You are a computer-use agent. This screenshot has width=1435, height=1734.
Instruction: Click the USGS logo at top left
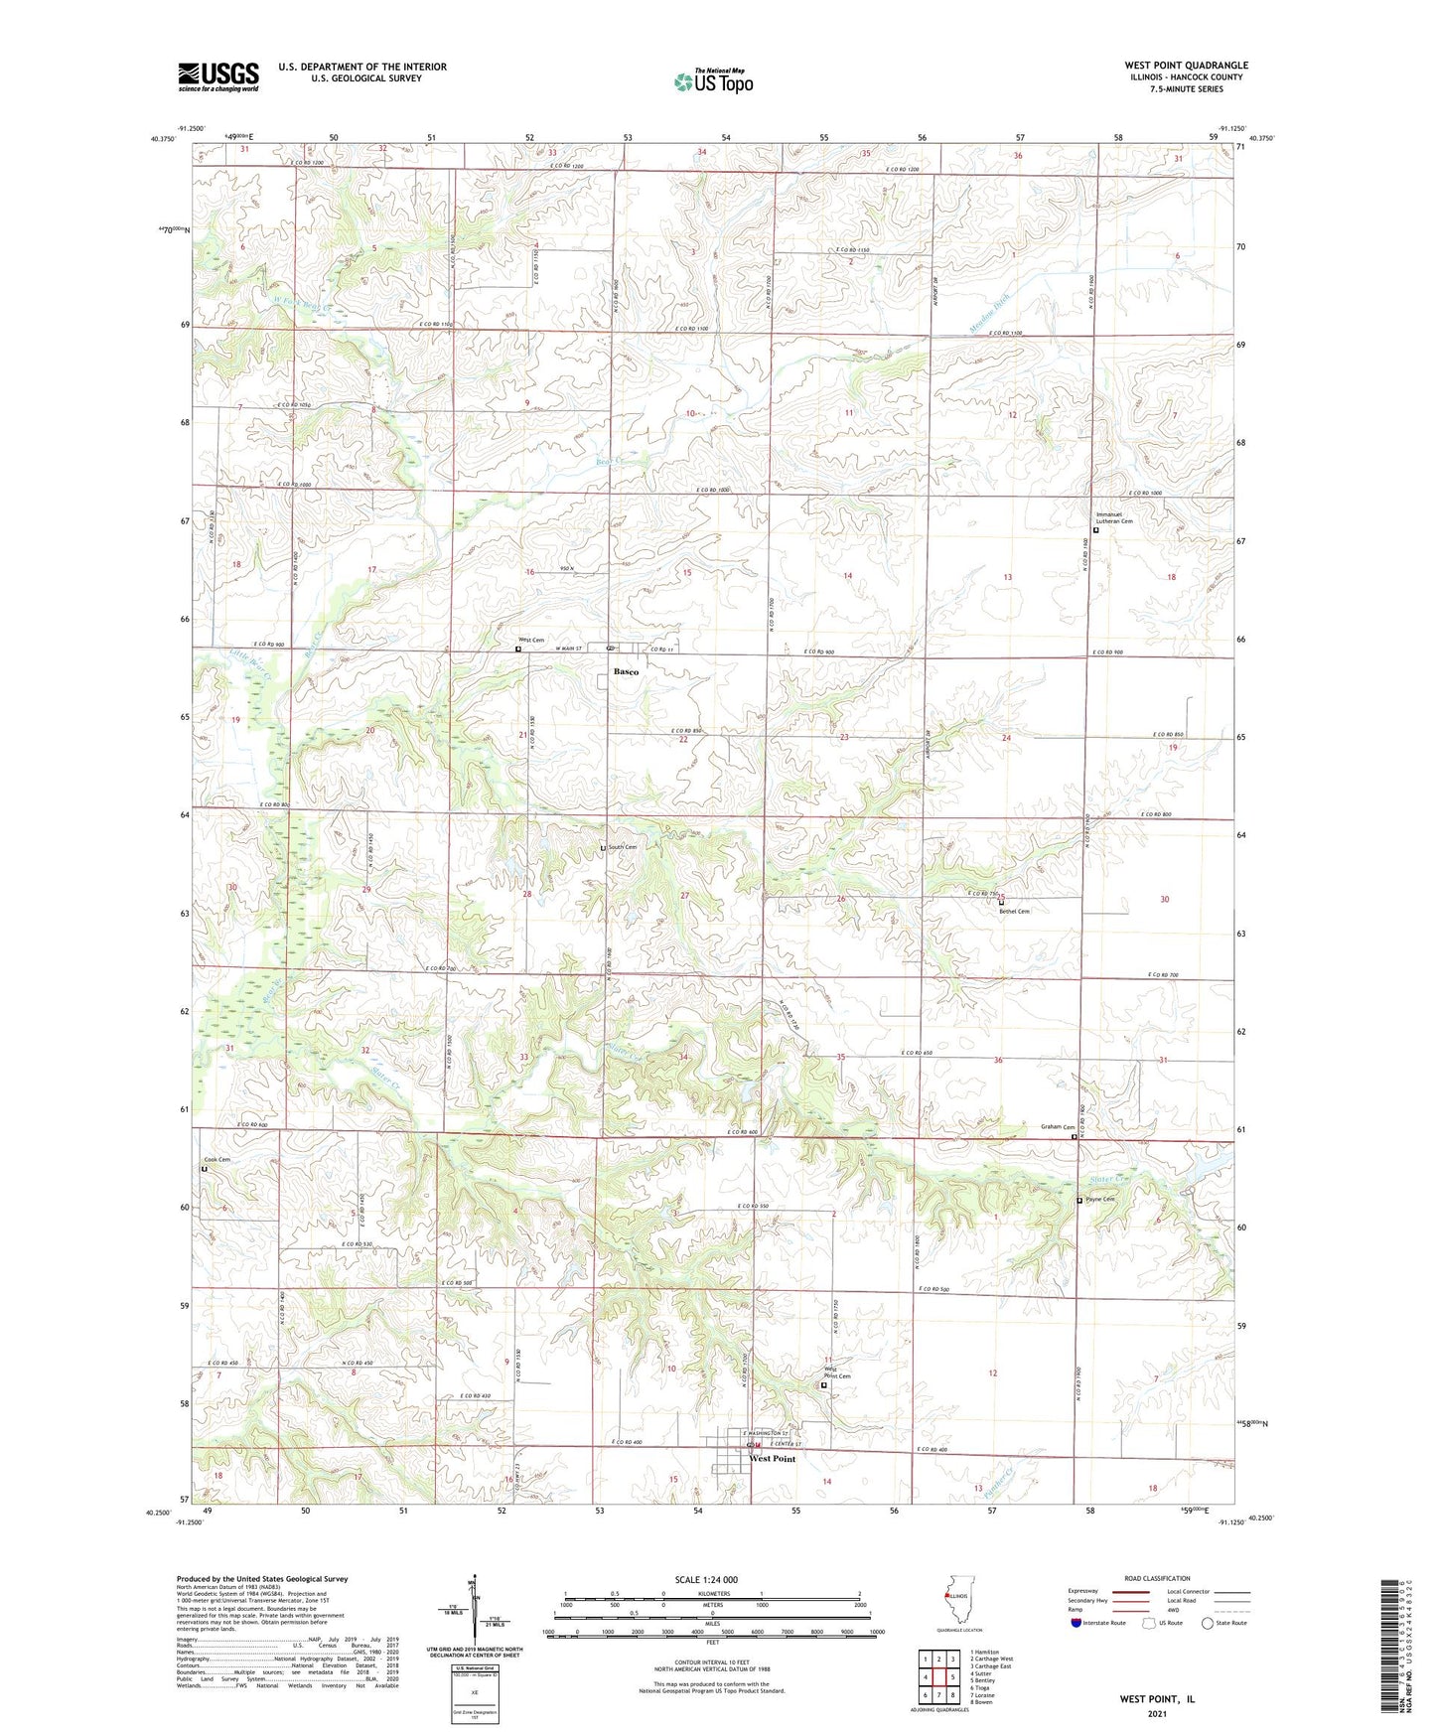[x=218, y=75]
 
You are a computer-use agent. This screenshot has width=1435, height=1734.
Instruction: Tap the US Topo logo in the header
[x=713, y=81]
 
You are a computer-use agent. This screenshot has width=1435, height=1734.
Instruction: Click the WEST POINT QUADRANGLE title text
[x=1186, y=65]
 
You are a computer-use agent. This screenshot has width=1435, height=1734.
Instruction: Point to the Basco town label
[x=627, y=672]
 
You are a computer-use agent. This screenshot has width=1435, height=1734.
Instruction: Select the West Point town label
[x=772, y=1459]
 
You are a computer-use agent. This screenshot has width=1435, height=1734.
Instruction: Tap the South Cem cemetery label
[x=623, y=847]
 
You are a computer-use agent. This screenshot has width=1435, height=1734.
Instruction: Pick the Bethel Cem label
[x=1014, y=911]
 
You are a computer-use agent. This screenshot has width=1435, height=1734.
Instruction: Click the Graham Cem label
[x=1057, y=1127]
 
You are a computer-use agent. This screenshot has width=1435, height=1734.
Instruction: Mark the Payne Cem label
[x=1100, y=1200]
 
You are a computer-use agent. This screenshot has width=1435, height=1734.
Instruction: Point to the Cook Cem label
[x=216, y=1160]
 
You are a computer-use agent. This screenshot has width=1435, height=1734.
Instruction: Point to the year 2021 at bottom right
[x=1156, y=1713]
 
